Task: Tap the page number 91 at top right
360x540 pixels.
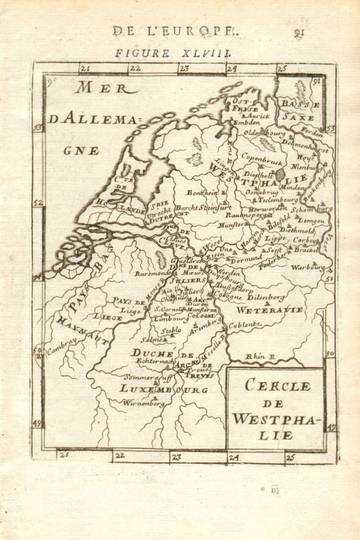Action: pyautogui.click(x=300, y=32)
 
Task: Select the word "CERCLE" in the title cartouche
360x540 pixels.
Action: pyautogui.click(x=277, y=385)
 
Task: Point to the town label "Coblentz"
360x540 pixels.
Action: pyautogui.click(x=245, y=324)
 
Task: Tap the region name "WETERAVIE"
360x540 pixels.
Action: pyautogui.click(x=269, y=310)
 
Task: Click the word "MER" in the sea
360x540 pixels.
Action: pyautogui.click(x=101, y=88)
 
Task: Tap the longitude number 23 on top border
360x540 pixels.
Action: pyautogui.click(x=184, y=68)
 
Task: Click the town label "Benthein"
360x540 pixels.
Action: pyautogui.click(x=202, y=193)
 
